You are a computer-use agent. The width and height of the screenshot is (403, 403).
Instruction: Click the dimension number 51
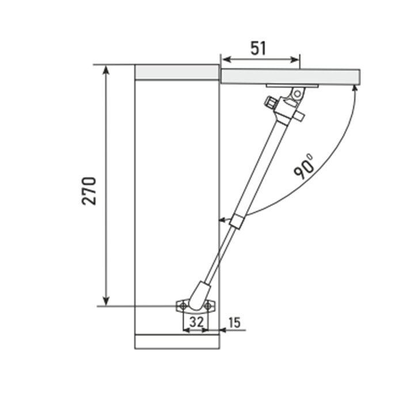pos(258,48)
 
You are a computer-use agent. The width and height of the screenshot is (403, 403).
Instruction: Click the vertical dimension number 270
pos(89,191)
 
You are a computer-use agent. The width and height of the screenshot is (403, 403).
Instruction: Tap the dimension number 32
pos(197,321)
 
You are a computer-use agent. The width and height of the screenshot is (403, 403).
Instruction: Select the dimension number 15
pos(234,322)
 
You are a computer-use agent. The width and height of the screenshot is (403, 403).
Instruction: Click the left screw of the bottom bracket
pos(183,306)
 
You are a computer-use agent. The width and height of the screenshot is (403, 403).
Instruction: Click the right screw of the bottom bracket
pos(208,306)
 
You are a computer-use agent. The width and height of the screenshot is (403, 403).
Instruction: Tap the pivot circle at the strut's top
pos(298,93)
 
